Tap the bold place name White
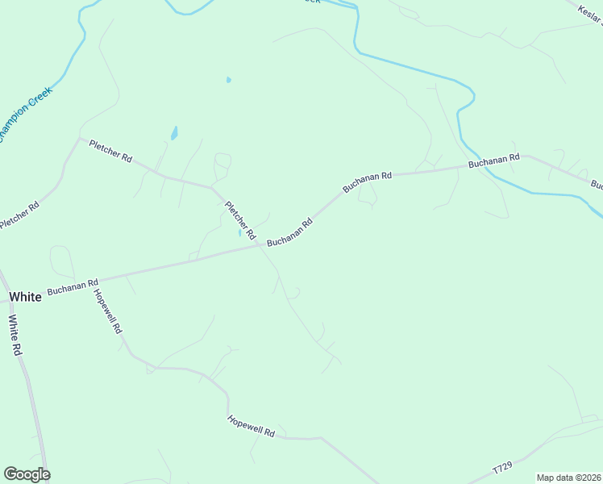pyautogui.click(x=25, y=297)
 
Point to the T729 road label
pyautogui.click(x=502, y=469)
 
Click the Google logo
pyautogui.click(x=27, y=474)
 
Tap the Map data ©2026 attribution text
pyautogui.click(x=568, y=478)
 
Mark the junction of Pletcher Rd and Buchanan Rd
pyautogui.click(x=260, y=245)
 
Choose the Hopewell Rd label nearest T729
pyautogui.click(x=252, y=427)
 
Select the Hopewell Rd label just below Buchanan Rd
pyautogui.click(x=107, y=311)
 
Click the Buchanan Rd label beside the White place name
pyautogui.click(x=73, y=283)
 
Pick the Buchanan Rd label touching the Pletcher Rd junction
pyautogui.click(x=289, y=232)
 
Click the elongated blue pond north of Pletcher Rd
pyautogui.click(x=173, y=132)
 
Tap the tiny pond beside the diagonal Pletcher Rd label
pyautogui.click(x=239, y=234)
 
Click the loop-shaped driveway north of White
pyautogui.click(x=62, y=260)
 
